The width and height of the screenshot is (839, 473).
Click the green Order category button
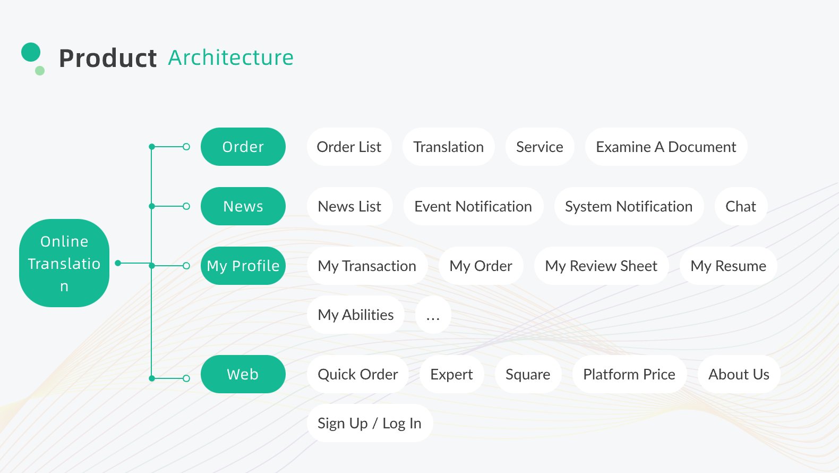click(x=243, y=147)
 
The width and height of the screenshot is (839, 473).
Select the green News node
click(x=243, y=206)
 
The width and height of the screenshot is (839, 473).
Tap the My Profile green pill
click(x=243, y=266)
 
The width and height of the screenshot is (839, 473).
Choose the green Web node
click(x=243, y=374)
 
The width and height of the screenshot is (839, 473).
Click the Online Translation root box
click(x=64, y=263)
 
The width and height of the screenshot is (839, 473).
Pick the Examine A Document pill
click(x=666, y=147)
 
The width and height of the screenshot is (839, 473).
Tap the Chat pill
click(x=741, y=206)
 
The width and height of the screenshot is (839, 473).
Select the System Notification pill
click(x=629, y=206)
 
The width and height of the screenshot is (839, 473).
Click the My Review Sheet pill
click(x=601, y=266)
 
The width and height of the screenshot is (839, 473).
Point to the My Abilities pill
click(x=355, y=315)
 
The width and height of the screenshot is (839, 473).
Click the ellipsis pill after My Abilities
click(x=433, y=315)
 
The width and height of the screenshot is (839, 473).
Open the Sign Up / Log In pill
click(x=370, y=423)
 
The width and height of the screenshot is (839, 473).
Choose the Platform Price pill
click(x=629, y=374)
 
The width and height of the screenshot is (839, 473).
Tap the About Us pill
click(x=739, y=374)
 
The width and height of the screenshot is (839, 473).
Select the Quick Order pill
click(x=358, y=374)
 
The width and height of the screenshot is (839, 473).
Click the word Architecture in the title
click(x=230, y=58)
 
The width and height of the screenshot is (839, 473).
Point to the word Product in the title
click(x=108, y=58)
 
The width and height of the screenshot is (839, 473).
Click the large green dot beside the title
click(x=31, y=52)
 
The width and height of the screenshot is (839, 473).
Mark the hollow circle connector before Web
click(x=186, y=378)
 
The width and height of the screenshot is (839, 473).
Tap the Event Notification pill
click(x=473, y=206)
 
